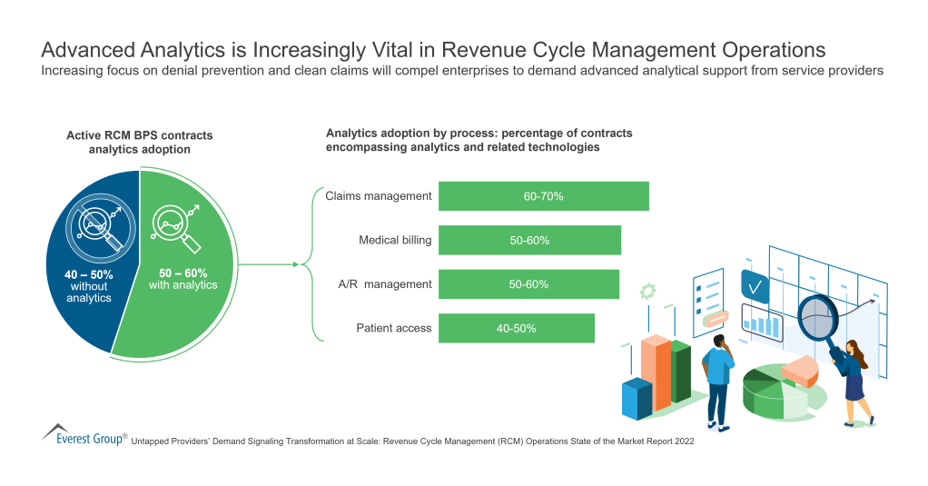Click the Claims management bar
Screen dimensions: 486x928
click(543, 196)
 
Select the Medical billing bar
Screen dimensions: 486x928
click(529, 241)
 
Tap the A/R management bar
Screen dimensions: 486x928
click(528, 284)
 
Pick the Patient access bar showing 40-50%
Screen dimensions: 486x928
click(516, 328)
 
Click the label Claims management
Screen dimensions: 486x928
click(379, 196)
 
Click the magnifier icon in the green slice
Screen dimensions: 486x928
click(174, 223)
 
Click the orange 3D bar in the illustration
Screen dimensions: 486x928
click(655, 372)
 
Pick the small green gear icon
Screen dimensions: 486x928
click(647, 292)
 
